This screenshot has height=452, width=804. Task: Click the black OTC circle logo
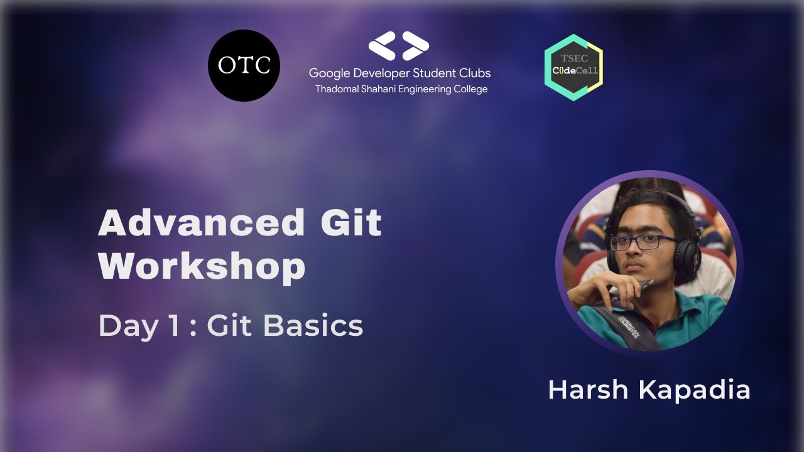tap(244, 65)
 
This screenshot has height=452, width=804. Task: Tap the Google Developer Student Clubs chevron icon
tap(399, 46)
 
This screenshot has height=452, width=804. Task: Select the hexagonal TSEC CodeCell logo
tap(573, 67)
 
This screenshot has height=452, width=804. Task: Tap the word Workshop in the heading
tap(202, 266)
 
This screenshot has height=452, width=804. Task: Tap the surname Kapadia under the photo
tap(695, 390)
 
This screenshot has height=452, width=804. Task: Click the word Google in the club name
tap(329, 73)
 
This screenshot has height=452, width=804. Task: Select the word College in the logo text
tap(470, 89)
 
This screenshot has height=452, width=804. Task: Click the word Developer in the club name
tap(378, 73)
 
